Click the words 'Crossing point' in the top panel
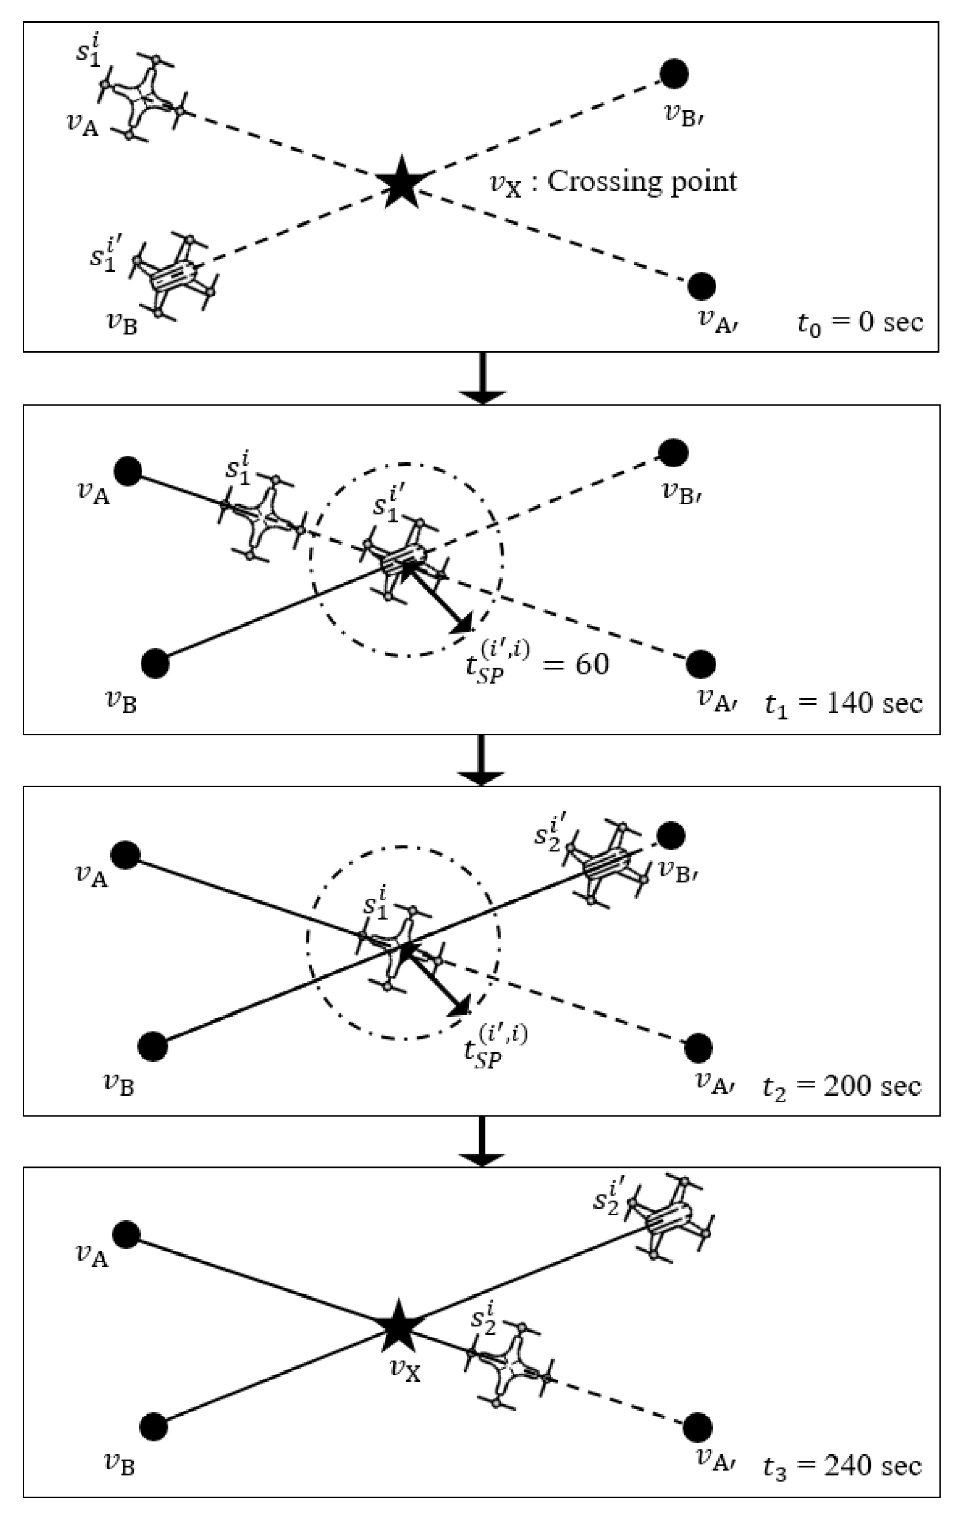(x=641, y=181)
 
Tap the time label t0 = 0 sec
(x=859, y=323)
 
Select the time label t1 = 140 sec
(x=843, y=703)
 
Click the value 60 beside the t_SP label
(x=592, y=664)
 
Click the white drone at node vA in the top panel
(x=142, y=98)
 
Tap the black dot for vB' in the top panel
(x=674, y=74)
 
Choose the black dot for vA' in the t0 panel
(x=701, y=287)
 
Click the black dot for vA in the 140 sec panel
(x=128, y=471)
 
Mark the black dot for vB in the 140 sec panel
(x=156, y=664)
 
